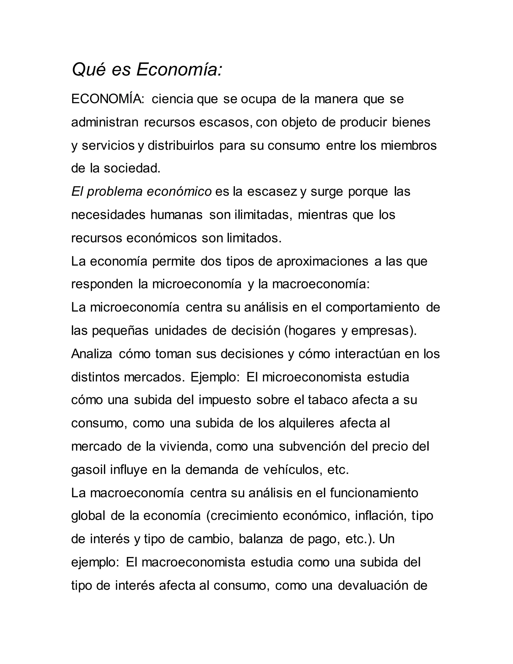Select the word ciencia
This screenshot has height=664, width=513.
tap(173, 99)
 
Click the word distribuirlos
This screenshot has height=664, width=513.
tap(181, 145)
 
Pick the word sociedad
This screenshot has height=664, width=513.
tap(132, 168)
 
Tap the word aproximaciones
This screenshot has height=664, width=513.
tap(322, 261)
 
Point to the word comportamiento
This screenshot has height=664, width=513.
tap(372, 307)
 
